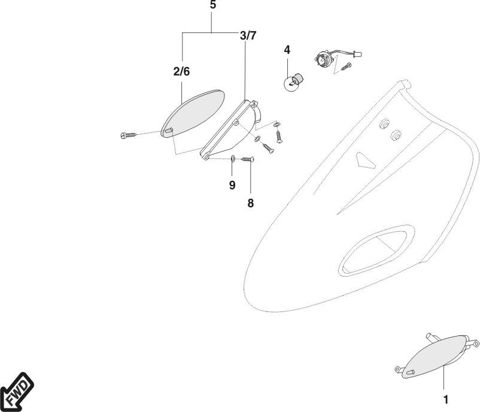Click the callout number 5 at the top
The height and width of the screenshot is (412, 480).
(x=214, y=5)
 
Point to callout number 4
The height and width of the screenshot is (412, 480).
(x=287, y=50)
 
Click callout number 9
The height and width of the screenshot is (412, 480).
(x=232, y=184)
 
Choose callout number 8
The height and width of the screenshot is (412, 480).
(x=250, y=203)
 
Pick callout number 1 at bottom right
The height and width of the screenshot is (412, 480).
(x=444, y=398)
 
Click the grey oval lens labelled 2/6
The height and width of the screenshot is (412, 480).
(x=193, y=112)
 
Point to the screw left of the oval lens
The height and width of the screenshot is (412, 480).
(x=129, y=135)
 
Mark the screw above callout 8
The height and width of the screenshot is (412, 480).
(x=248, y=159)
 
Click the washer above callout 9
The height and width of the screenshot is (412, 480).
(x=232, y=159)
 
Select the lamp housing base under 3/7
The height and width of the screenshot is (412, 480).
(x=230, y=129)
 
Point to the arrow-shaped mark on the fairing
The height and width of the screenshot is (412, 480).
(x=364, y=160)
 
